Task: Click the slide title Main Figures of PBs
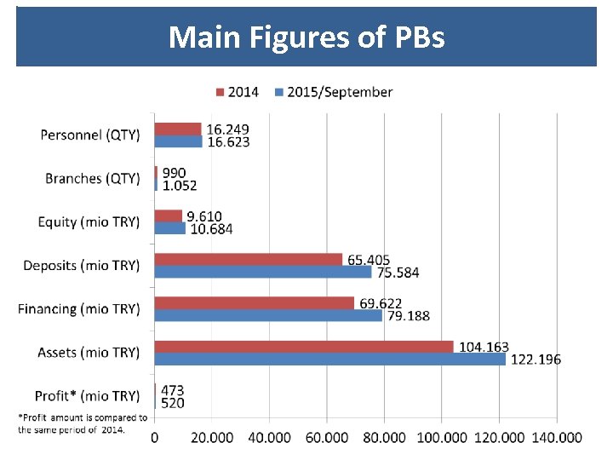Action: (x=306, y=37)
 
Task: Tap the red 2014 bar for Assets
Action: (x=303, y=347)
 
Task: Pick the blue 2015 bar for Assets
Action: (x=329, y=359)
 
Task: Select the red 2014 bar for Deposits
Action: (x=248, y=259)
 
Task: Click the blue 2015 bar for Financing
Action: (x=268, y=315)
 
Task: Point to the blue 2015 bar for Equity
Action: (x=169, y=228)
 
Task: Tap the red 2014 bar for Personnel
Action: (x=177, y=129)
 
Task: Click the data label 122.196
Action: (x=535, y=359)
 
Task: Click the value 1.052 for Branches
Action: (x=179, y=185)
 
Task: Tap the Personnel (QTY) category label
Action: (x=90, y=135)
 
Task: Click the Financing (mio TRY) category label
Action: (x=79, y=308)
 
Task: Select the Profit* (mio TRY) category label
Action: (x=87, y=396)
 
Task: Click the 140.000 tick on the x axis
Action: (x=556, y=437)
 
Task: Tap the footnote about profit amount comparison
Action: (x=82, y=423)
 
